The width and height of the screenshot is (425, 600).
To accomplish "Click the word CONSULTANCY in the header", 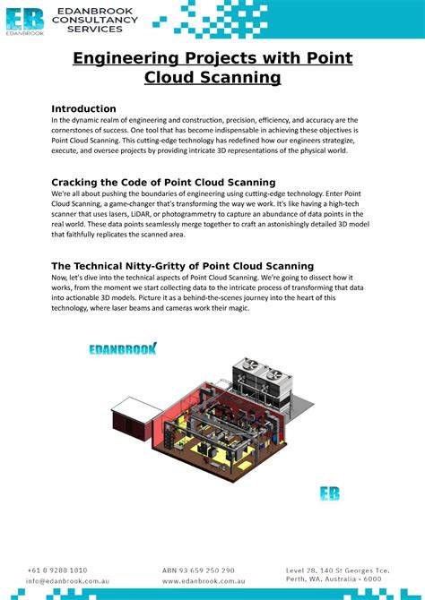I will coord(98,20).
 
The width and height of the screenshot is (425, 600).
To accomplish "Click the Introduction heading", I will coord(83,108).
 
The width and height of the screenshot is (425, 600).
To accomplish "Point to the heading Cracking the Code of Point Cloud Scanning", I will coord(163,182).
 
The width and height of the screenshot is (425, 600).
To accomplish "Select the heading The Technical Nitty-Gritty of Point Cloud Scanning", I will coord(182,266).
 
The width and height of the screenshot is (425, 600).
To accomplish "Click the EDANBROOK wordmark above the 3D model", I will coord(123,348).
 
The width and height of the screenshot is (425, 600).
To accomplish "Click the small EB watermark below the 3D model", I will coord(330,493).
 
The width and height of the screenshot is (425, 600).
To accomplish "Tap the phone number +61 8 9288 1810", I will coord(57,570).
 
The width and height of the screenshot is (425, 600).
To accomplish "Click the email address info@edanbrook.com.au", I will coord(68,580).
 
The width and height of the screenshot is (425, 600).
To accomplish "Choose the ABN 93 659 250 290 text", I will coord(198,570).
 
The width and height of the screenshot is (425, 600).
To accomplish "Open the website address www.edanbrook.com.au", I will coord(204,580).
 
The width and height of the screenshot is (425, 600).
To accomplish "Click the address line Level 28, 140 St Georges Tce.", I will coord(337,570).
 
